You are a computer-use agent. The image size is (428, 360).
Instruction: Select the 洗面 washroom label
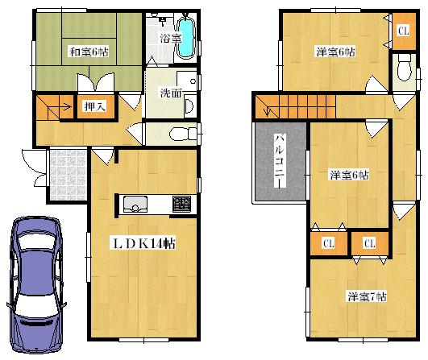click(170, 93)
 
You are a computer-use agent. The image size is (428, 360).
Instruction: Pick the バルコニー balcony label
click(278, 160)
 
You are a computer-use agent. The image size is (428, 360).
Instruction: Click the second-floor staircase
click(294, 106)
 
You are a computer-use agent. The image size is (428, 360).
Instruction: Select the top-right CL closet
click(401, 31)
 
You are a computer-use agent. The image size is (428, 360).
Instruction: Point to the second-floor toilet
click(404, 72)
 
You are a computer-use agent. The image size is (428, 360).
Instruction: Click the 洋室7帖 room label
click(365, 296)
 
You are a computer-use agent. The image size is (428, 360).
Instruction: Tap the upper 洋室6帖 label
click(335, 53)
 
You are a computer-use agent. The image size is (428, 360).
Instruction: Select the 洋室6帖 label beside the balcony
click(349, 174)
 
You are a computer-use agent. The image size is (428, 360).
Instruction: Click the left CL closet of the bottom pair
click(329, 242)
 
